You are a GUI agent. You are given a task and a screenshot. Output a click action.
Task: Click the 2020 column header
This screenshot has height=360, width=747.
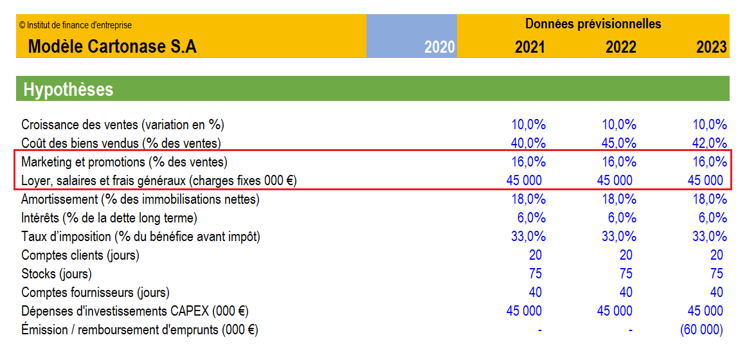click(x=440, y=47)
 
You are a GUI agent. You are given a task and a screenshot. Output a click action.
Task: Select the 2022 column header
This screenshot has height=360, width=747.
click(x=621, y=47)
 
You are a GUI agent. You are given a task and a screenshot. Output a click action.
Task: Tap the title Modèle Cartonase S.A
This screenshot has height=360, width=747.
click(x=113, y=47)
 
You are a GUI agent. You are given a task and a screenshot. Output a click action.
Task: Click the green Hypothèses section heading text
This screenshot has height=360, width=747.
click(x=69, y=89)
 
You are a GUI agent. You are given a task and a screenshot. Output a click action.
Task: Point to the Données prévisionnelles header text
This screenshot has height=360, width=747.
click(x=593, y=23)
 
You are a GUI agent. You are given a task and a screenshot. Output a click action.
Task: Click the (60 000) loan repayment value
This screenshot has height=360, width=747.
click(x=701, y=329)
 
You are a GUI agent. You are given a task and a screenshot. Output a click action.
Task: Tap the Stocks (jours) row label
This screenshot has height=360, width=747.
click(x=57, y=274)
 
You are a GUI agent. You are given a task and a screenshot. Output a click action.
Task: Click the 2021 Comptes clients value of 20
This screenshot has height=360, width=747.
click(x=535, y=255)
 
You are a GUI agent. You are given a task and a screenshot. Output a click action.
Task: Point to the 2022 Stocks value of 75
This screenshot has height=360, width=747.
click(x=625, y=273)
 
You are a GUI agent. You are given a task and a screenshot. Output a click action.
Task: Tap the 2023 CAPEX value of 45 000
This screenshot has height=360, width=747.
click(x=705, y=311)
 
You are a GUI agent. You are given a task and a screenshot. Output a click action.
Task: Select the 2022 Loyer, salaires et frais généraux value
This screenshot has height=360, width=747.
click(x=615, y=181)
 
